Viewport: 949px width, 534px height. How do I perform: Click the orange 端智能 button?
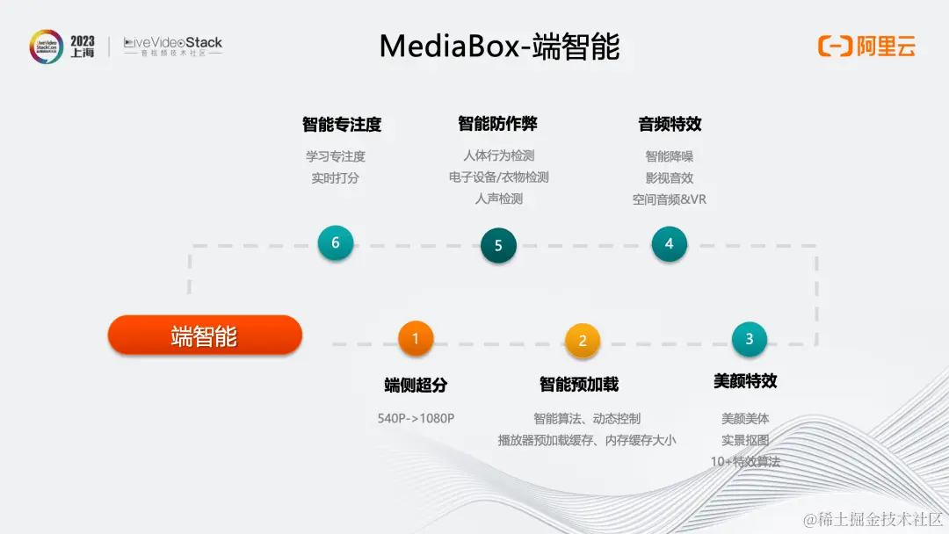(205, 336)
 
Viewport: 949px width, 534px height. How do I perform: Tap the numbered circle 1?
(416, 337)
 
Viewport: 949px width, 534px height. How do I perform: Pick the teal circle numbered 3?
(749, 339)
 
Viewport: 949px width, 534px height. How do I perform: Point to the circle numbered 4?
(669, 244)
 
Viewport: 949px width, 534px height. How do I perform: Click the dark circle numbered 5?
(498, 246)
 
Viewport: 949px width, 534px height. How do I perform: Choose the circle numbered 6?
(336, 242)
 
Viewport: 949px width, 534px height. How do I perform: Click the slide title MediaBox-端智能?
(499, 46)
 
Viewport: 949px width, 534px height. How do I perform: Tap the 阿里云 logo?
(866, 46)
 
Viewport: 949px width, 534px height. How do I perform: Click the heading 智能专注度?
(342, 125)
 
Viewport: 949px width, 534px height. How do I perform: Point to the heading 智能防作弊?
(497, 123)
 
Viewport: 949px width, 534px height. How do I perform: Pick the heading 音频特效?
(670, 124)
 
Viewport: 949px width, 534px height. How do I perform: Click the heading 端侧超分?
(416, 385)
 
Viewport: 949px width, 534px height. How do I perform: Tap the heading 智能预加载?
(579, 384)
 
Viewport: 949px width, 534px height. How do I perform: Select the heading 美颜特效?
(745, 381)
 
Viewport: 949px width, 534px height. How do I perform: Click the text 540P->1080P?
(416, 419)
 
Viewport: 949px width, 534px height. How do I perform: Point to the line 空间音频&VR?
(669, 199)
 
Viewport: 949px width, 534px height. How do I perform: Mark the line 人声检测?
(498, 198)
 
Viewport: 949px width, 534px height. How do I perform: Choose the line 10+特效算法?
(745, 461)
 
